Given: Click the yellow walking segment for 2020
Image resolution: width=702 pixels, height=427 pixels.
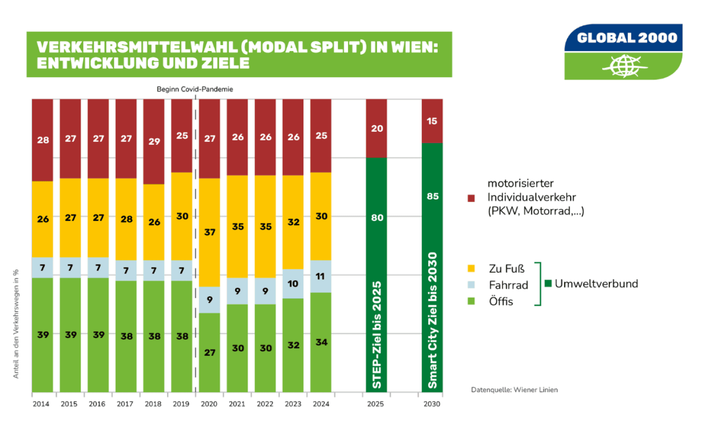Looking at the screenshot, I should pos(210,232).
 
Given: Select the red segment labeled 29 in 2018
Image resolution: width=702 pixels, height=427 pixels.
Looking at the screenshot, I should pos(154,141).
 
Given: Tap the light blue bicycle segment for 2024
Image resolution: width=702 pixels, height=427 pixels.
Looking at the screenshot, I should pos(321,276).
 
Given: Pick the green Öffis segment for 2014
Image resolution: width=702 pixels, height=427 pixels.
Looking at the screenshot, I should pos(42,334).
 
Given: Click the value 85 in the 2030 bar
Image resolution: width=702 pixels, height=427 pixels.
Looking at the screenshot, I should pos(432,196).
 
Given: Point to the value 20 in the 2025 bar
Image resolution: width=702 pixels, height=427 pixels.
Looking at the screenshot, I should pos(377,128).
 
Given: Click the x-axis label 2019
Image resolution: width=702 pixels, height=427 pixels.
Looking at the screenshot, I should pos(182,403).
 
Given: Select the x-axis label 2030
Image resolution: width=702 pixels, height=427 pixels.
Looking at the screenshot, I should pos(432,403).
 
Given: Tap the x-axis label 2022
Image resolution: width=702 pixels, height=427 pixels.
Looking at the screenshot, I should pos(265,403).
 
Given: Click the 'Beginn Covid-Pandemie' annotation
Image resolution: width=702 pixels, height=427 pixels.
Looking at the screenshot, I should pos(195,89).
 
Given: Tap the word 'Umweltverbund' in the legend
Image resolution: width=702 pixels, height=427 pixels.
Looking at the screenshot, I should pos(596,284).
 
